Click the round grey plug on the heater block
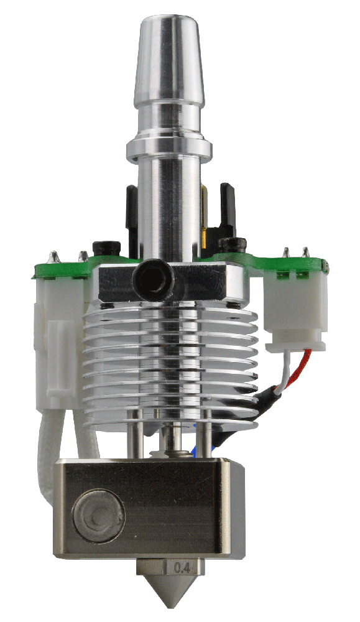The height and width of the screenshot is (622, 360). pos(99,516)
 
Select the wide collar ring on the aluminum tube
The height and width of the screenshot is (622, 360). pos(169,149)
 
